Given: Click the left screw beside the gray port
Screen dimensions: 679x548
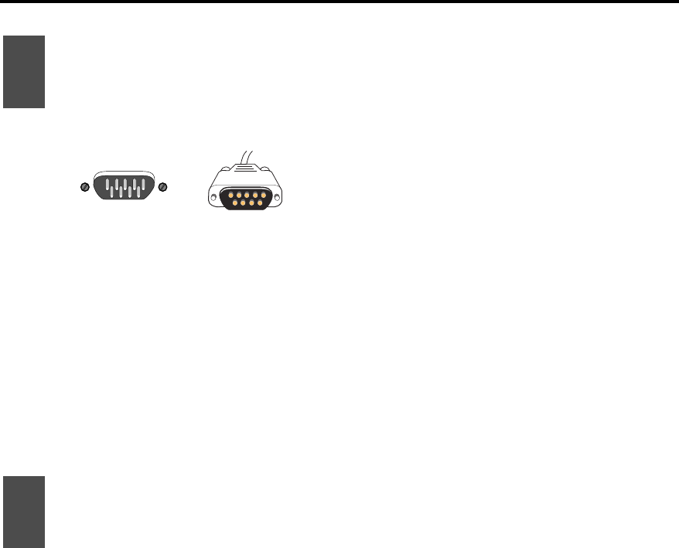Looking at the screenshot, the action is pyautogui.click(x=85, y=187).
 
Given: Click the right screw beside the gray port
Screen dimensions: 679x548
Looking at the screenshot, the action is pyautogui.click(x=162, y=187).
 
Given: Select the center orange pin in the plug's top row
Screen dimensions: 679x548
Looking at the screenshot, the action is pyautogui.click(x=246, y=194).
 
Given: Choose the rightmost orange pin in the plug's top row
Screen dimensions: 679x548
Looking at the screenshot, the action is pyautogui.click(x=263, y=194).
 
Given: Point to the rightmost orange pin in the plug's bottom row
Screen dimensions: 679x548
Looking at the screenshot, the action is pyautogui.click(x=259, y=203).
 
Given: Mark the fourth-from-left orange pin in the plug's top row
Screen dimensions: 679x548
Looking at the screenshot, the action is pyautogui.click(x=254, y=194).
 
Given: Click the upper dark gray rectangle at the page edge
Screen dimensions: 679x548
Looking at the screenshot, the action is pyautogui.click(x=24, y=71).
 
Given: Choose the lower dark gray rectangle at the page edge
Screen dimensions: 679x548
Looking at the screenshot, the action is pyautogui.click(x=24, y=512).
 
